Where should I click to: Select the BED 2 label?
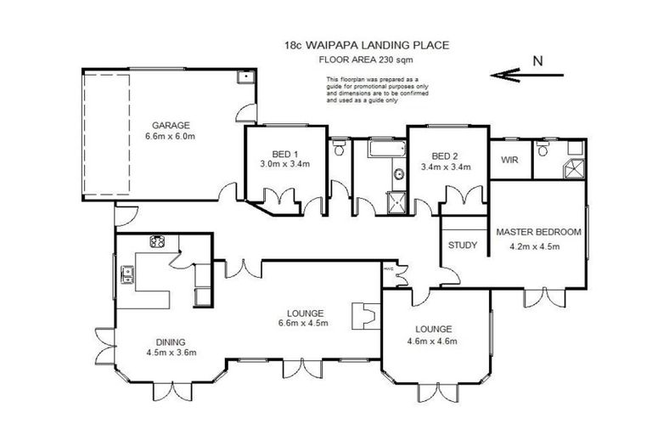(445, 155)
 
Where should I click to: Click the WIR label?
(509, 159)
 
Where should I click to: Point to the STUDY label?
(463, 245)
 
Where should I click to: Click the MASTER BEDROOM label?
(538, 231)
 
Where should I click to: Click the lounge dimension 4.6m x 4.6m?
(435, 342)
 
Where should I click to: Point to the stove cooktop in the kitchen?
(157, 241)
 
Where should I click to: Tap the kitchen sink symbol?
(127, 274)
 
